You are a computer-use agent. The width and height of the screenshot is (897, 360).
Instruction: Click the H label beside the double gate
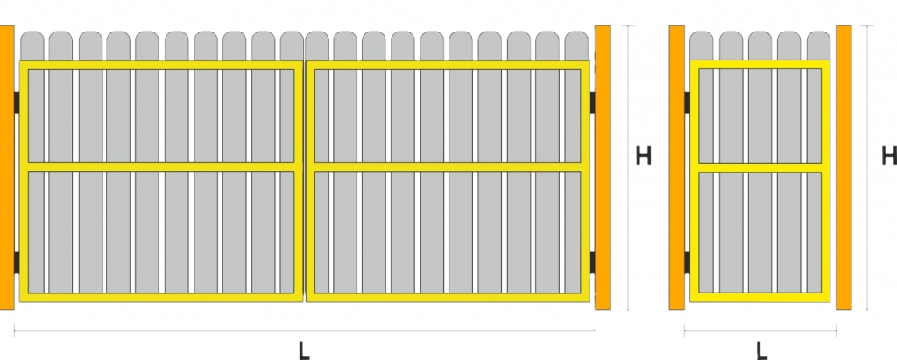click(x=644, y=156)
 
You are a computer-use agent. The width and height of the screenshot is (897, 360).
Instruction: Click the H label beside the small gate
click(x=889, y=156)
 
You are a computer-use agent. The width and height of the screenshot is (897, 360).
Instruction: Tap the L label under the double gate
click(x=304, y=349)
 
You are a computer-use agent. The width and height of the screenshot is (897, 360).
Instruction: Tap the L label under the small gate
click(x=761, y=349)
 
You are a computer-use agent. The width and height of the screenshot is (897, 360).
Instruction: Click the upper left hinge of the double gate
click(x=17, y=102)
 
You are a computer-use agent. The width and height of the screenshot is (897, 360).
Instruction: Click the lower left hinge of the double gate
click(x=17, y=262)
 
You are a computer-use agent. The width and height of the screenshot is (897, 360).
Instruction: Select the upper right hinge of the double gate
click(x=592, y=102)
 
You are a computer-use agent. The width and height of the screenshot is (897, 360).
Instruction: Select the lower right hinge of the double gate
click(x=592, y=262)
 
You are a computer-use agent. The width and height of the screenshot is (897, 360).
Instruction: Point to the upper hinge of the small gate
click(x=687, y=102)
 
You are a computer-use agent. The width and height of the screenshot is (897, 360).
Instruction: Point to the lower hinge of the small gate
click(x=687, y=262)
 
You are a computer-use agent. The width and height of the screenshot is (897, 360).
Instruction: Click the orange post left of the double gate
click(x=7, y=167)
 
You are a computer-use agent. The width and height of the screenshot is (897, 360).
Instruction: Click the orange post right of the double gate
click(x=603, y=167)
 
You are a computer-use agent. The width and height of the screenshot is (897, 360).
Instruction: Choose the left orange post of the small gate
click(x=677, y=167)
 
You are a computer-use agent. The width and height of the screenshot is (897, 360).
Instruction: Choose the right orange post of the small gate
click(x=844, y=167)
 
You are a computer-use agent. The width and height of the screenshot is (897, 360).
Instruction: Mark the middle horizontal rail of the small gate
click(x=760, y=167)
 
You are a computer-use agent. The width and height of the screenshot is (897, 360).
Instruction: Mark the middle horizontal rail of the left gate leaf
click(x=161, y=167)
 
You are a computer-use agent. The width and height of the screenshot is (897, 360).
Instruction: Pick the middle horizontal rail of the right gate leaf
click(x=448, y=167)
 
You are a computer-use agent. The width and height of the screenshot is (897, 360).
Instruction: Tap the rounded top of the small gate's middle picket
click(x=760, y=46)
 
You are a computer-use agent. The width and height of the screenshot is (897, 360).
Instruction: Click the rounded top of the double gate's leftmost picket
click(x=32, y=46)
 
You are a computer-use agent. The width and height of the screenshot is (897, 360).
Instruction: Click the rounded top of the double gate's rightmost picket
click(x=576, y=46)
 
